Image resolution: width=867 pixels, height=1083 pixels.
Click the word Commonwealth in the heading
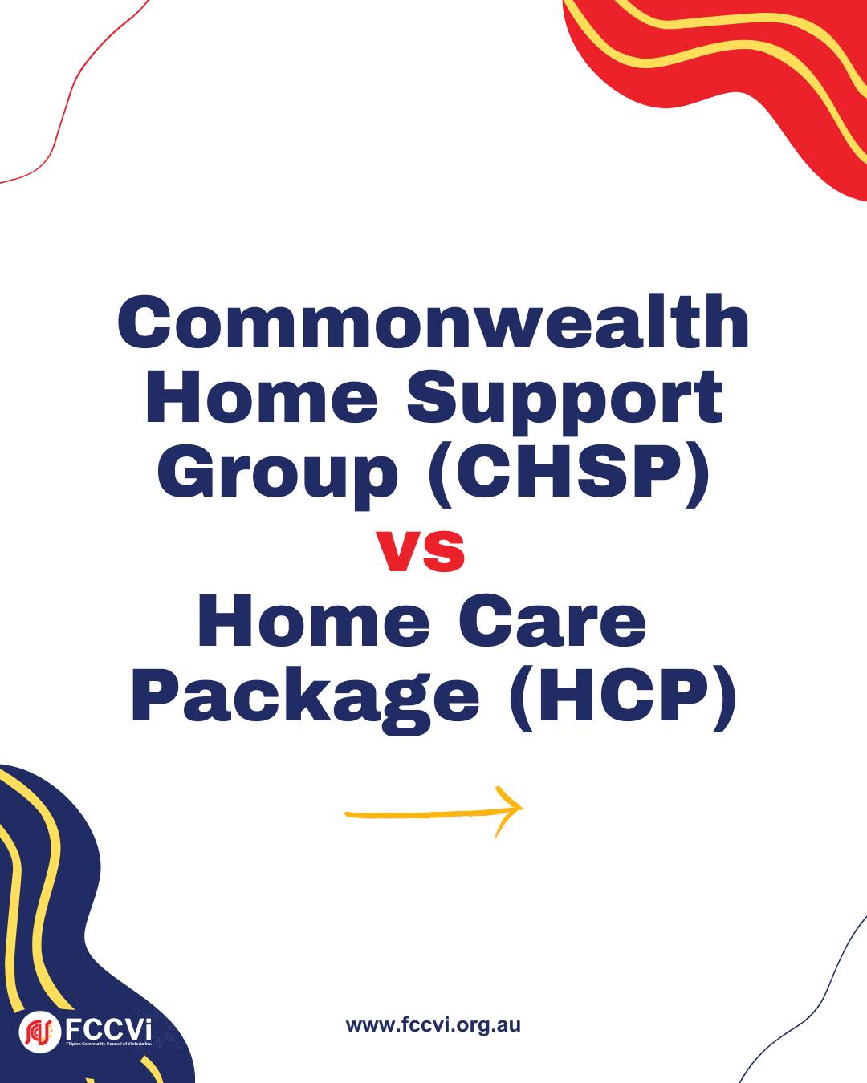pyautogui.click(x=433, y=321)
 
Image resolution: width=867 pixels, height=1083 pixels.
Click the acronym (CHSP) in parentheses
pyautogui.click(x=569, y=474)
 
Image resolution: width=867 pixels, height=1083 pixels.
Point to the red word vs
pyautogui.click(x=421, y=552)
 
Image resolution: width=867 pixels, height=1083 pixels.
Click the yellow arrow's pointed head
pyautogui.click(x=521, y=807)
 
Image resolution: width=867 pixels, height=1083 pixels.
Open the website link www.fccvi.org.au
pyautogui.click(x=433, y=1024)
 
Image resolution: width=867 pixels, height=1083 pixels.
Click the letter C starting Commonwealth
pyautogui.click(x=143, y=321)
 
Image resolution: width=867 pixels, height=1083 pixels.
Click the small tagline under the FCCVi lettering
pyautogui.click(x=109, y=1044)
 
